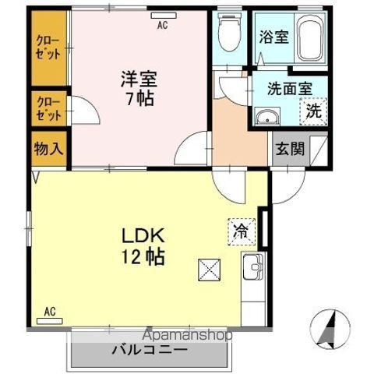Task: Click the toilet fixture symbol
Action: coord(229,34)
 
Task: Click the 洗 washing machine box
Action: coord(313,111)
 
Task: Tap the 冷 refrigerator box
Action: coord(242,230)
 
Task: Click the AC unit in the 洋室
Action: coord(163,25)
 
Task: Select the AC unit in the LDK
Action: coord(50,312)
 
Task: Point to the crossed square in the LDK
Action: coord(210,269)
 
